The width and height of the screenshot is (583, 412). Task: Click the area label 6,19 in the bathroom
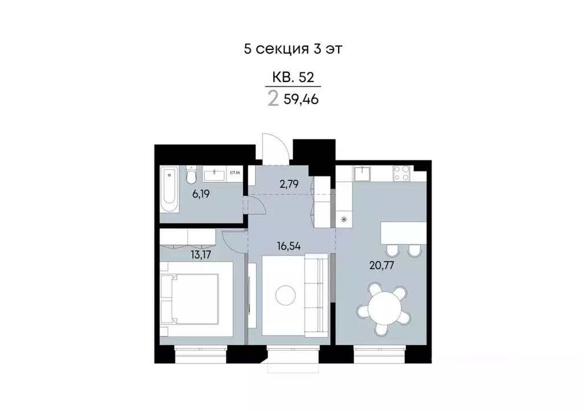point(200,194)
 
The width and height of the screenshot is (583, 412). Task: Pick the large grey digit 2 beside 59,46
point(273,100)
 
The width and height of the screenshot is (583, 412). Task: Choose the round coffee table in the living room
point(285,295)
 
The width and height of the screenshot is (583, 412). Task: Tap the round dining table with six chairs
point(383,308)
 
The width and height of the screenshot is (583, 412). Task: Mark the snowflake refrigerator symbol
point(343,219)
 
